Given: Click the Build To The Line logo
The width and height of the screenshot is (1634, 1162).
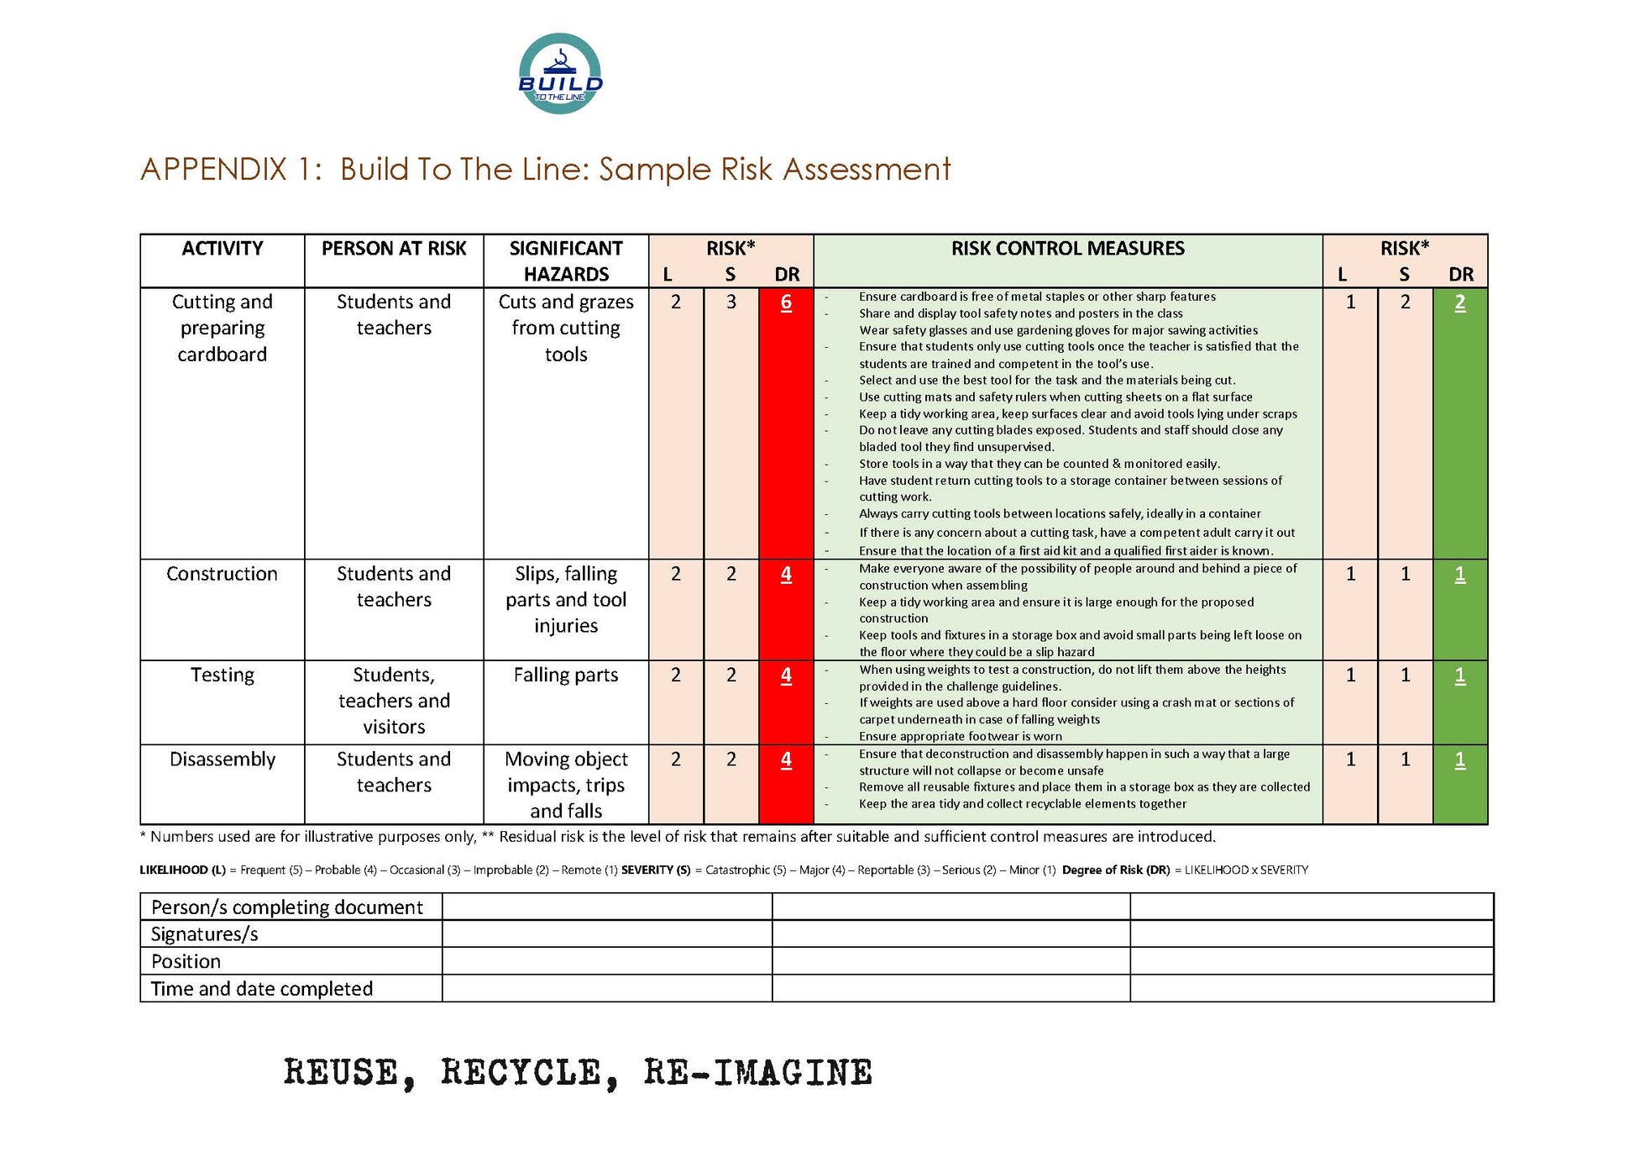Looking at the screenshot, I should click(560, 74).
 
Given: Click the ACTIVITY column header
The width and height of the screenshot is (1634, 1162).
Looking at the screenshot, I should click(223, 249).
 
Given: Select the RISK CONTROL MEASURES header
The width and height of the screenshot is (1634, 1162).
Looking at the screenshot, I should click(1067, 249).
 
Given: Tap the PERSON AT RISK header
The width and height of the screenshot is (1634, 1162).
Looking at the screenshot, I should click(394, 249).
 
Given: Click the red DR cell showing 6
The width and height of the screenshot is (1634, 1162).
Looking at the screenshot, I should click(786, 302).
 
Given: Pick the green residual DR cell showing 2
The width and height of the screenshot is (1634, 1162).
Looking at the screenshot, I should click(1460, 302).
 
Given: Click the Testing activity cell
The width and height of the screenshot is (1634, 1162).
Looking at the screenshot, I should click(223, 676).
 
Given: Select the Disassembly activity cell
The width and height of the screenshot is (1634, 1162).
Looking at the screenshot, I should click(223, 760).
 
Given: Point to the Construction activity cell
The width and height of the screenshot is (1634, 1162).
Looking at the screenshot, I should click(223, 574).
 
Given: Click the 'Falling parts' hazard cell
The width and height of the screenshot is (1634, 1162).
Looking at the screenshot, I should click(566, 676).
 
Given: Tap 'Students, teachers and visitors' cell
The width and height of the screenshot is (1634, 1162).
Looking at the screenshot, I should click(394, 701).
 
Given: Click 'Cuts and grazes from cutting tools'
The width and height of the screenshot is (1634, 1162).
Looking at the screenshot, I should click(566, 328).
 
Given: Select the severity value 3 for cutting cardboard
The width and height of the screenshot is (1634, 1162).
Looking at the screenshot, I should click(731, 302).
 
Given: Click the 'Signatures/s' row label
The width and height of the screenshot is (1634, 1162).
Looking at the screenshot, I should click(205, 934).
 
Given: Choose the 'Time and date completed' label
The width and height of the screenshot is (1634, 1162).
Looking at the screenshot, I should click(262, 989).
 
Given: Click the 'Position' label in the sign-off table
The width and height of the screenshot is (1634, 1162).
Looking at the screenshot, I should click(186, 961).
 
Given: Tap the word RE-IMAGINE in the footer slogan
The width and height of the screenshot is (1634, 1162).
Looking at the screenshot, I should click(758, 1073).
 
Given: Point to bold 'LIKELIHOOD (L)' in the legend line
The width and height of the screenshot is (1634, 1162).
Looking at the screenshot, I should click(182, 870).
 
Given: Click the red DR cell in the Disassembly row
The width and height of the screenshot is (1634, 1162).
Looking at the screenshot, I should click(786, 760).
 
